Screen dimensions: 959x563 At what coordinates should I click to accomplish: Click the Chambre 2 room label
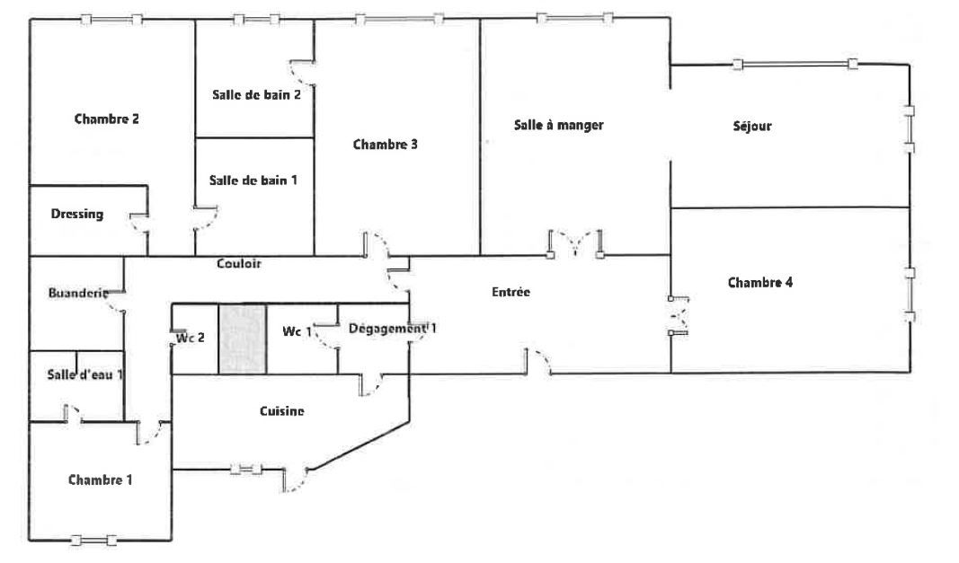(106, 119)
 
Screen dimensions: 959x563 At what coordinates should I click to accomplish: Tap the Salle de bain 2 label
(256, 95)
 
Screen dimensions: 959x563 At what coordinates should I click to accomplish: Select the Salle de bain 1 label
(253, 180)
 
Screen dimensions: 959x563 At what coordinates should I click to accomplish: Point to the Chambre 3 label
(386, 145)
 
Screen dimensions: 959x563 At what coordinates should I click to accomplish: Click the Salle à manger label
(558, 125)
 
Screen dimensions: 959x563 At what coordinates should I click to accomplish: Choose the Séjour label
(752, 126)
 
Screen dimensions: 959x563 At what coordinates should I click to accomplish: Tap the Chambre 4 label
(760, 283)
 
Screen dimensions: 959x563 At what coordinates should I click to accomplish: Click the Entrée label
(511, 292)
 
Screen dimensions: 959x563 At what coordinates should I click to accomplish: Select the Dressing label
(77, 214)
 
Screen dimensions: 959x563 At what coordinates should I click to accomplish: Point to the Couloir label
(238, 263)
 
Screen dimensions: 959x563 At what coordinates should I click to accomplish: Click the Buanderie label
(77, 293)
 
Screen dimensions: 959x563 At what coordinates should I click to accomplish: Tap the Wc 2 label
(191, 338)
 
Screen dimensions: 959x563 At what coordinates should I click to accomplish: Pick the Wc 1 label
(297, 331)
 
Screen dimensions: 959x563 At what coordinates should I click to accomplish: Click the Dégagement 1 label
(393, 329)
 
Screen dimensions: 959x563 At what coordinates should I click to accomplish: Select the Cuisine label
(282, 410)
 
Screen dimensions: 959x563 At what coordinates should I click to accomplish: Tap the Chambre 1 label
(101, 479)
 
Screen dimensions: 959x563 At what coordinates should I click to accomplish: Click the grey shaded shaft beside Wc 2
(243, 339)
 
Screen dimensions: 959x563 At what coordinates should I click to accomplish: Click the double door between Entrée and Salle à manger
(575, 244)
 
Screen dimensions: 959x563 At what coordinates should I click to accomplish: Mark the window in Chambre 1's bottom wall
(93, 541)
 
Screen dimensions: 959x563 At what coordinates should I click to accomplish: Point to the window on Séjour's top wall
(795, 64)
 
